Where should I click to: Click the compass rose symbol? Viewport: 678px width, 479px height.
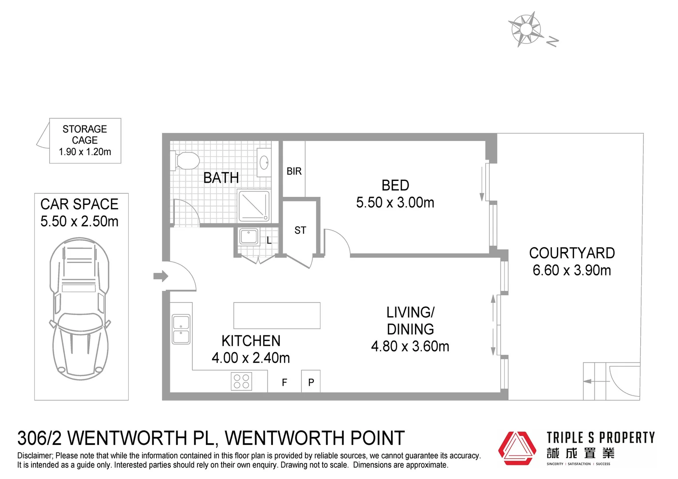(x=526, y=30)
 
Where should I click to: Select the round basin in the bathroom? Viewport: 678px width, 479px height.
(x=264, y=162)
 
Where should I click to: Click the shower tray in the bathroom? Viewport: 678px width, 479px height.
(x=254, y=206)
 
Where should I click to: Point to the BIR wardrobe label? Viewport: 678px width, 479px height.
(x=294, y=171)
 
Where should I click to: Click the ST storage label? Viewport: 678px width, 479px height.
(x=300, y=230)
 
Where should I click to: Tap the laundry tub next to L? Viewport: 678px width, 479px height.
(x=248, y=236)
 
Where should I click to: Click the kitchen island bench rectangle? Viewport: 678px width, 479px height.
(x=277, y=315)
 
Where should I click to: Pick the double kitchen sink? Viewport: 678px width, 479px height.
(x=181, y=329)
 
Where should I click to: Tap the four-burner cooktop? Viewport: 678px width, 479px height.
(x=241, y=381)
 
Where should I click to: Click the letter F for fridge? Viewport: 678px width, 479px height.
(x=284, y=382)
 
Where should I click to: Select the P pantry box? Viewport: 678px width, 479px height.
(x=311, y=382)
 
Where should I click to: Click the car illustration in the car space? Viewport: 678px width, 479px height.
(x=79, y=308)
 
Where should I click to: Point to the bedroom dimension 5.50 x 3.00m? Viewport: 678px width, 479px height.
(x=395, y=203)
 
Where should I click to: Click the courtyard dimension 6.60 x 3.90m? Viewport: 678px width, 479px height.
(x=572, y=270)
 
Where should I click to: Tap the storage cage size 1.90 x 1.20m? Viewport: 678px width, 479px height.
(x=85, y=152)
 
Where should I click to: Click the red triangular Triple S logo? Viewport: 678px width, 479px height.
(x=517, y=448)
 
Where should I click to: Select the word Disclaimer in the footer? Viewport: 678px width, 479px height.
(x=35, y=455)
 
